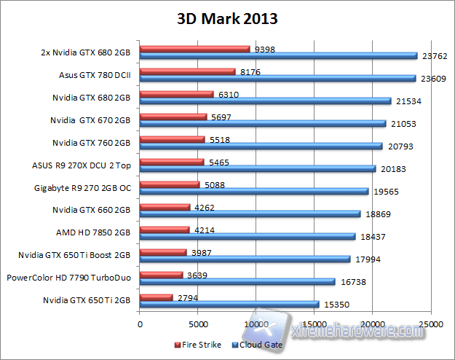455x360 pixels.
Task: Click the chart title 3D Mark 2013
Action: (228, 19)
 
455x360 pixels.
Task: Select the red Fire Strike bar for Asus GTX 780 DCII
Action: (187, 71)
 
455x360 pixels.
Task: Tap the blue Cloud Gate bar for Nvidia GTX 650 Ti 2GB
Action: (229, 304)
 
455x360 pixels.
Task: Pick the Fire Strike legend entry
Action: (199, 345)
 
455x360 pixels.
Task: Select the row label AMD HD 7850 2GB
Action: (93, 233)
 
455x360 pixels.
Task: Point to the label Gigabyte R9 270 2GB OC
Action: (82, 187)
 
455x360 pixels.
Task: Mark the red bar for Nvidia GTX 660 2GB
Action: (164, 207)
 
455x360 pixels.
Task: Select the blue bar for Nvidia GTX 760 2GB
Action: (261, 146)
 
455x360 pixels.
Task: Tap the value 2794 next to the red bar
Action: (189, 297)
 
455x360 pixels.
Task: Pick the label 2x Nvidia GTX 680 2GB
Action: (86, 52)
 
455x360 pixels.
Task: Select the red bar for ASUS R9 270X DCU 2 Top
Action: (171, 162)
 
